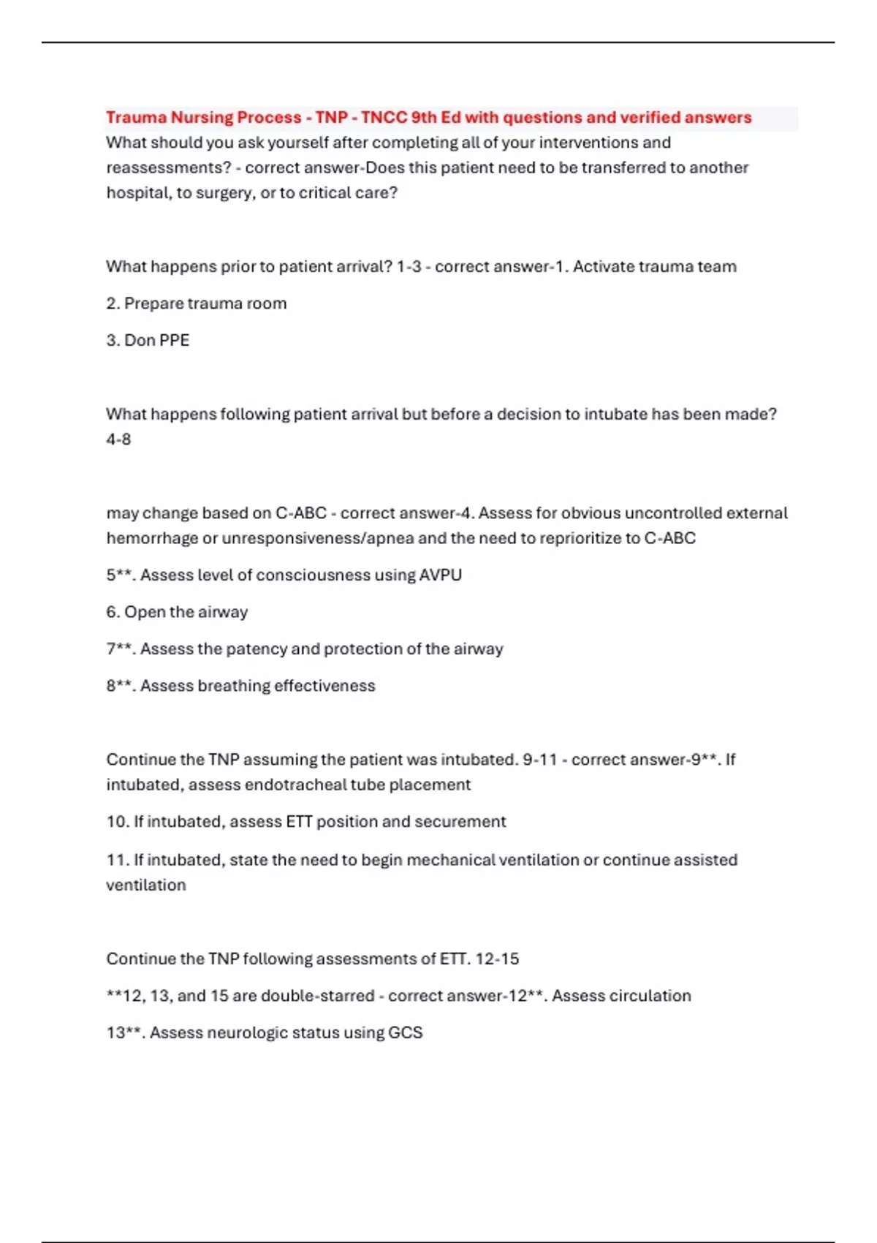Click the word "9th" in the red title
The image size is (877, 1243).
click(x=424, y=118)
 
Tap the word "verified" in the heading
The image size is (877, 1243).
click(x=650, y=118)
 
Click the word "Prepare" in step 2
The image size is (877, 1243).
click(x=153, y=303)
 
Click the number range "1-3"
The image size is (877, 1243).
click(x=409, y=267)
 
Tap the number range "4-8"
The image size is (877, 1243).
click(x=118, y=439)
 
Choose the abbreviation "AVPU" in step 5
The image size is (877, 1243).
click(x=440, y=575)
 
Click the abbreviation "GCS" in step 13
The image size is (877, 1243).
click(x=406, y=1033)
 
